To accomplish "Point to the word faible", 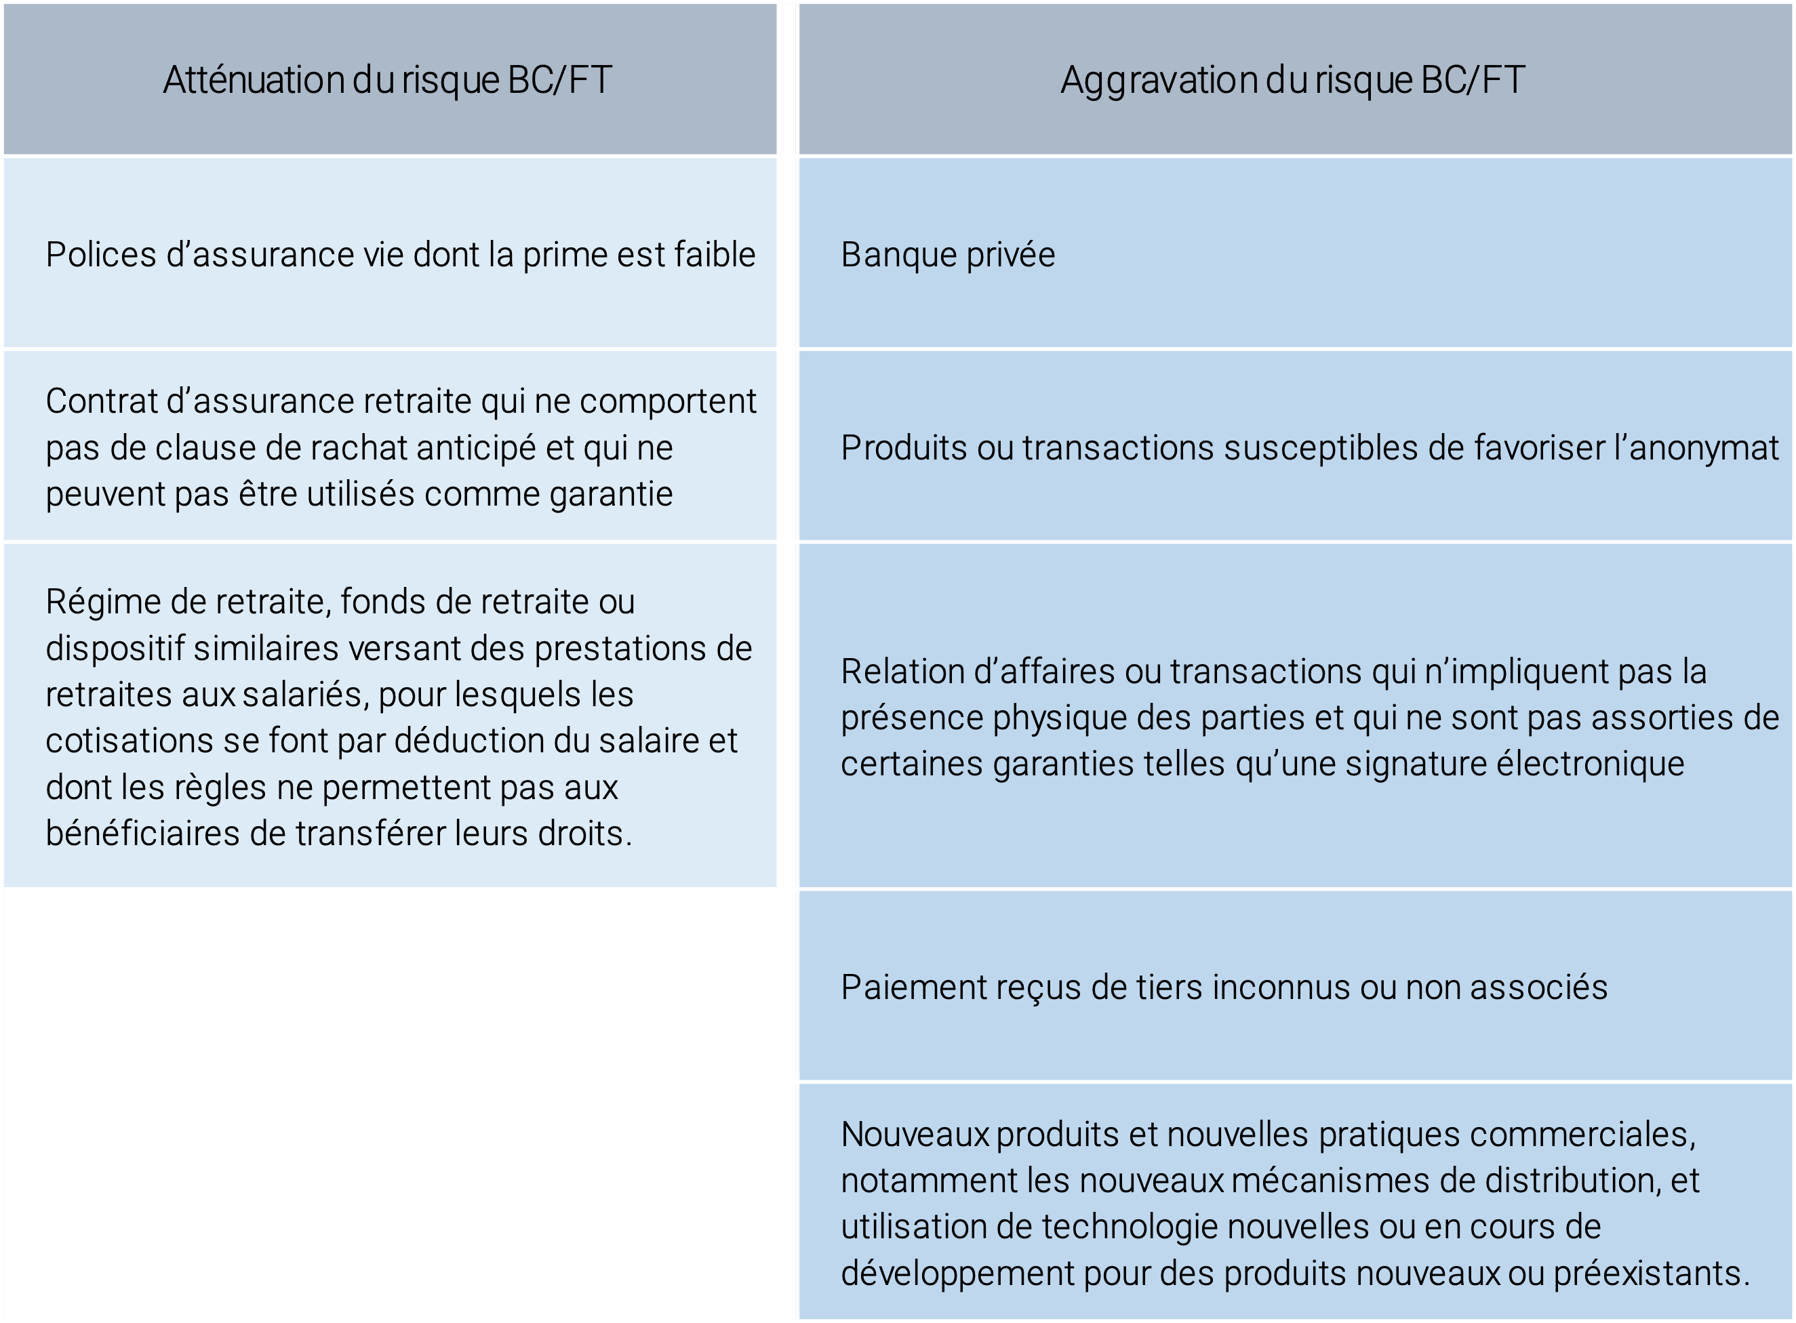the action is tap(715, 255).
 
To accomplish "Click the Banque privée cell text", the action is tap(948, 256).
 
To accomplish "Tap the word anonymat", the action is tap(1704, 449).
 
